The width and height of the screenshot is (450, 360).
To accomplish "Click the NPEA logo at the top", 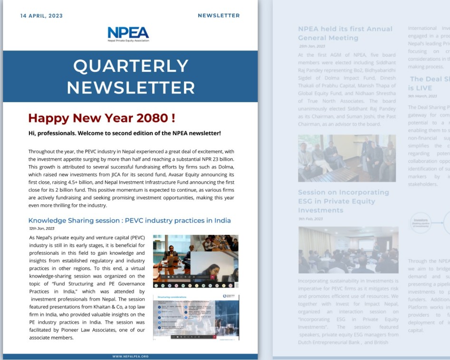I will click(x=128, y=33).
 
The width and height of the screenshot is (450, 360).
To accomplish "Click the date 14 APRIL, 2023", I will click(x=41, y=16).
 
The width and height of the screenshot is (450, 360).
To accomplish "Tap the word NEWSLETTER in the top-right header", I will click(x=219, y=16).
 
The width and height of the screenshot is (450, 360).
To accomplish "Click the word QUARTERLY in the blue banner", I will click(x=131, y=66).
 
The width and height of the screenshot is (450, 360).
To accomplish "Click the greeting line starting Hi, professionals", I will click(x=124, y=133).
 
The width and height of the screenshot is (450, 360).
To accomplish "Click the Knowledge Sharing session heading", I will click(x=129, y=220).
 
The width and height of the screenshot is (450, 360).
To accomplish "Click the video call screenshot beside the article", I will click(x=195, y=261).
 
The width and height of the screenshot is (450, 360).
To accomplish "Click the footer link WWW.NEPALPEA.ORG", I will click(x=131, y=356).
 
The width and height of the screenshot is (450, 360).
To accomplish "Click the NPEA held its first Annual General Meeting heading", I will click(x=345, y=33).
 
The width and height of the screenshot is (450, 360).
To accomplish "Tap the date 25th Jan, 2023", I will click(x=312, y=46).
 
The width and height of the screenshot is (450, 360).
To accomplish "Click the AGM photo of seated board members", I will click(x=347, y=158).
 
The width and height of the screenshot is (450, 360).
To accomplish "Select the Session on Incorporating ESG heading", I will click(x=344, y=201).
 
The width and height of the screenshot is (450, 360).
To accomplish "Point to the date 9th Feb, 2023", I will click(x=310, y=219).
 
